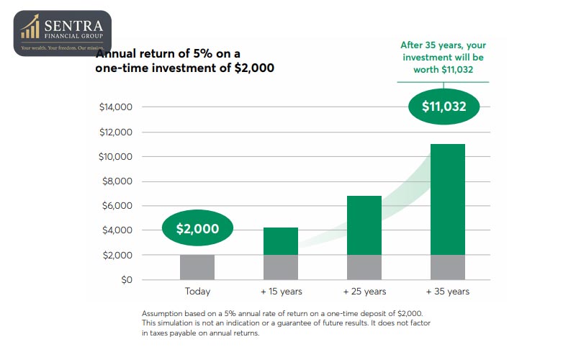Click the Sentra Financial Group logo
click(62, 33)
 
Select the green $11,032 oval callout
click(444, 107)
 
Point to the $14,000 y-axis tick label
click(117, 107)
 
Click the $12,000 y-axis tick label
click(117, 132)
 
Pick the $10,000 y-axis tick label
click(117, 156)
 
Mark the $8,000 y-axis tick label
click(119, 181)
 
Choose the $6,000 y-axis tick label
click(119, 206)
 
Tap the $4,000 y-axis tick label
click(119, 230)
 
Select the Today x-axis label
click(197, 292)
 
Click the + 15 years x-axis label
click(280, 292)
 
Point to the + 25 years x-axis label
click(364, 292)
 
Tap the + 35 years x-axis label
click(447, 292)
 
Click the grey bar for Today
click(197, 267)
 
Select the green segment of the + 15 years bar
click(280, 241)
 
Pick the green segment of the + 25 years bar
click(364, 225)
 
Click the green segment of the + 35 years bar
click(447, 199)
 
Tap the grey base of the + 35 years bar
click(447, 267)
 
